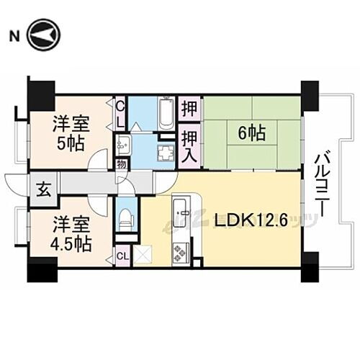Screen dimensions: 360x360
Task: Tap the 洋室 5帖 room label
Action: pos(69,132)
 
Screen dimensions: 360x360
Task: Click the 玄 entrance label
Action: pos(43,191)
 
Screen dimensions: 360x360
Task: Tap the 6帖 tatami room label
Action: pos(249,132)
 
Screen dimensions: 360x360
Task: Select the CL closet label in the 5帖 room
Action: pos(121,112)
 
